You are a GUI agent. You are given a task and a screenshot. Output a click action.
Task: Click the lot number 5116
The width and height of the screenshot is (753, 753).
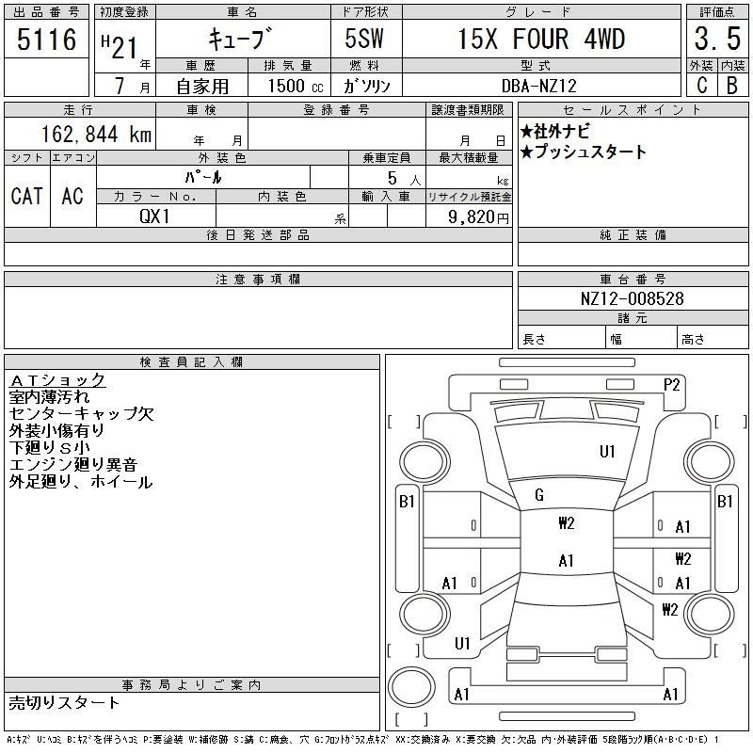[x=46, y=39]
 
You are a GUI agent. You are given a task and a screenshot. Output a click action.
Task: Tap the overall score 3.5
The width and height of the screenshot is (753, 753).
[x=717, y=39]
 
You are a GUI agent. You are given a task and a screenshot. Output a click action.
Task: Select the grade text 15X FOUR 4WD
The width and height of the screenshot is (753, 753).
[x=541, y=39]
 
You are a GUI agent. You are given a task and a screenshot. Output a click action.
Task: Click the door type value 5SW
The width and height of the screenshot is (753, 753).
[x=364, y=39]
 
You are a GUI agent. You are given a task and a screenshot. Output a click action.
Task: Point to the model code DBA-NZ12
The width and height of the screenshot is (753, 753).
[x=538, y=86]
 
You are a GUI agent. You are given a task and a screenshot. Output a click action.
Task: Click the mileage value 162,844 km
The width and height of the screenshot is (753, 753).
[x=96, y=134]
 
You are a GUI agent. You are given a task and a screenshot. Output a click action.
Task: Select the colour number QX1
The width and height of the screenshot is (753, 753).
[x=154, y=216]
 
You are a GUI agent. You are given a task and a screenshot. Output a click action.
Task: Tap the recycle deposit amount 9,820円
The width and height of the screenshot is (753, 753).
[x=478, y=217]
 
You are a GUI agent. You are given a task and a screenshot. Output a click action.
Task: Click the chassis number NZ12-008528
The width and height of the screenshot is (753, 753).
[x=632, y=298]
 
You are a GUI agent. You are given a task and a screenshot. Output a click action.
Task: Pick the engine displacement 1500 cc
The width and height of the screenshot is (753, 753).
[x=296, y=86]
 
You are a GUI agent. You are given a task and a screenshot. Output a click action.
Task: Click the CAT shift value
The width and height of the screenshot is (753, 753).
[x=27, y=196]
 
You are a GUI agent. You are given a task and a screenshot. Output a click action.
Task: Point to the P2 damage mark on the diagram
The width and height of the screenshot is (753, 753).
[x=671, y=385]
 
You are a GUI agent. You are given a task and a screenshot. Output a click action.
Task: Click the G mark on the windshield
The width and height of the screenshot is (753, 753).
[x=539, y=495]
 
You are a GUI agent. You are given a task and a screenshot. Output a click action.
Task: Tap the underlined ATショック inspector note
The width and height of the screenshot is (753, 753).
[x=57, y=380]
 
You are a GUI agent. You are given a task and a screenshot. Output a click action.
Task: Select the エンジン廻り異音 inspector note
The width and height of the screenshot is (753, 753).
[x=73, y=464]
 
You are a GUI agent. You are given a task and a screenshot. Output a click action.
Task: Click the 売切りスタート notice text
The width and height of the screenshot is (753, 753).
[x=64, y=702]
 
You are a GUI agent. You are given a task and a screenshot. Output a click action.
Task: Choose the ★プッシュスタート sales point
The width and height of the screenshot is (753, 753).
[x=584, y=152]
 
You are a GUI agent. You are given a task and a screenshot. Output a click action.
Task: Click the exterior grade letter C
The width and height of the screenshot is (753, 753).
[x=701, y=86]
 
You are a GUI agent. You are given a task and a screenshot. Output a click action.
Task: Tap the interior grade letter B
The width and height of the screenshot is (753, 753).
[x=732, y=86]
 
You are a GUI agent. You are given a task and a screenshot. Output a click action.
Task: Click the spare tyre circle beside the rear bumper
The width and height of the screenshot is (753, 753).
[x=411, y=687]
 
